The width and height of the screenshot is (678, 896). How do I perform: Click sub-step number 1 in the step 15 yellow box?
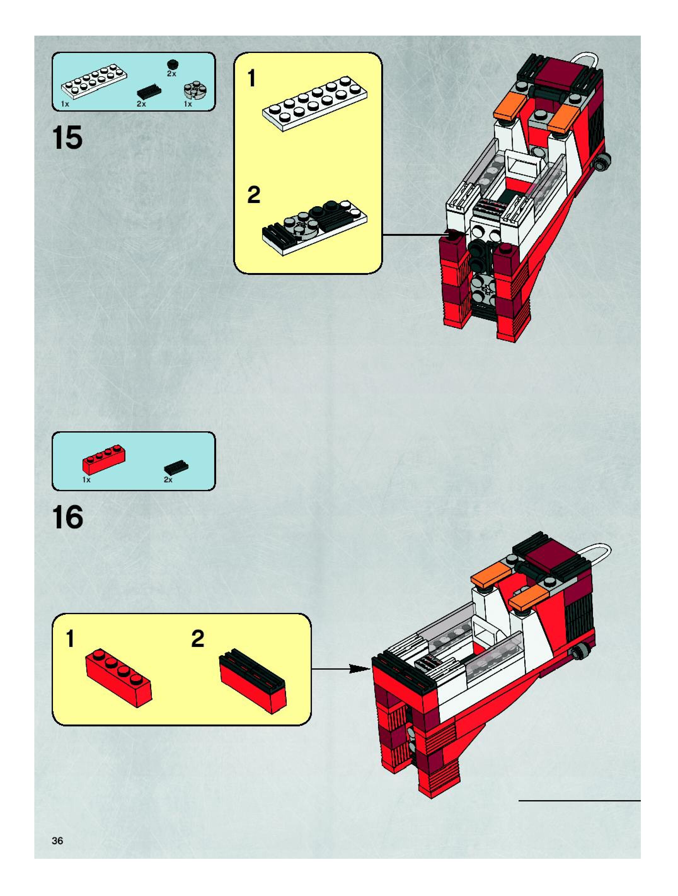[252, 78]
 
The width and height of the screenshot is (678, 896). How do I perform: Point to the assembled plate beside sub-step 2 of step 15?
[314, 227]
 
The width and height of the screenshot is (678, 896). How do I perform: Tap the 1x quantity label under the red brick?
[86, 480]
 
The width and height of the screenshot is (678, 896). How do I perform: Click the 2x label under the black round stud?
[172, 74]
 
